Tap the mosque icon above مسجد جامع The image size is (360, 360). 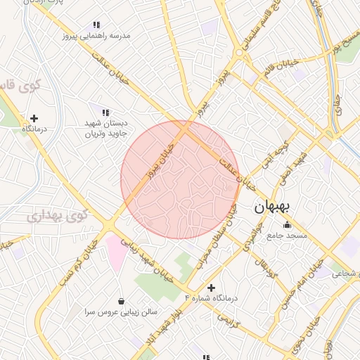(287, 225)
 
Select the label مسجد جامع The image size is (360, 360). (287, 236)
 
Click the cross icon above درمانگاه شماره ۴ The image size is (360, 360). (211, 288)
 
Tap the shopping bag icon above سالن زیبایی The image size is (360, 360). (122, 301)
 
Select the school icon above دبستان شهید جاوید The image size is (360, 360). (105, 112)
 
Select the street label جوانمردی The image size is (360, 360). (250, 238)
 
